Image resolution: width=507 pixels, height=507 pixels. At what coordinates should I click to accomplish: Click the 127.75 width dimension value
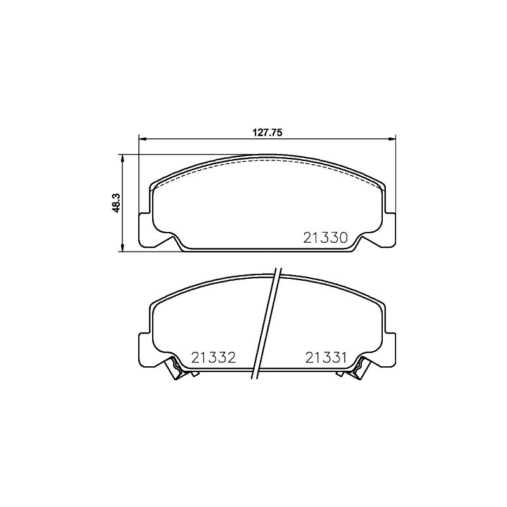[267, 132]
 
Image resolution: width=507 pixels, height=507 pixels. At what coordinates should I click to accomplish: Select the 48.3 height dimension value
[116, 203]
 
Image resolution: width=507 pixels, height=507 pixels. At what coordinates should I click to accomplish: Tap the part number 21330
[325, 238]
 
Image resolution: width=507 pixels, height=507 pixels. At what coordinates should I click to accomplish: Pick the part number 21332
[214, 357]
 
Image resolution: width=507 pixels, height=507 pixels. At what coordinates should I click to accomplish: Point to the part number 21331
[326, 357]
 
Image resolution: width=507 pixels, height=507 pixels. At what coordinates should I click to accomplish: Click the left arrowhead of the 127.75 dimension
[143, 139]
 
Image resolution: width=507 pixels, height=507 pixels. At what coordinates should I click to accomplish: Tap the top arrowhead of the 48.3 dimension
[122, 159]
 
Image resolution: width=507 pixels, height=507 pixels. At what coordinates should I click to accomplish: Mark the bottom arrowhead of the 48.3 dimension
[122, 247]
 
